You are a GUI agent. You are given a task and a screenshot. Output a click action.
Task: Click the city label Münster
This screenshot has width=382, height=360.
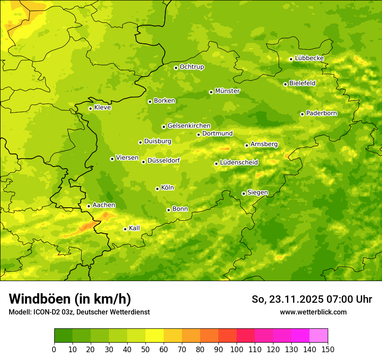coord(227,91)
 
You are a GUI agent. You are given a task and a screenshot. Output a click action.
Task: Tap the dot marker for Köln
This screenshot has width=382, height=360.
coord(157,189)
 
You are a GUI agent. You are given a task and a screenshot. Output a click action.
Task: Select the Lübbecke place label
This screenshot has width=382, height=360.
coord(309,58)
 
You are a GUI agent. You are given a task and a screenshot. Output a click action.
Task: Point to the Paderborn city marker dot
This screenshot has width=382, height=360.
coord(302,114)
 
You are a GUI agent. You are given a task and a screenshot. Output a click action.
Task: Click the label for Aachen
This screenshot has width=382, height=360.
coord(104,205)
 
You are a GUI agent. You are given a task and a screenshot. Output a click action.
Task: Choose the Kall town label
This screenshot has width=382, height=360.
coord(134,228)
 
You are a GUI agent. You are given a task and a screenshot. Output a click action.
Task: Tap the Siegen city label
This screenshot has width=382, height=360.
coord(257,193)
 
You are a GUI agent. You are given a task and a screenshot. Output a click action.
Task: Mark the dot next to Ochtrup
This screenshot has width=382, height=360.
coord(176,68)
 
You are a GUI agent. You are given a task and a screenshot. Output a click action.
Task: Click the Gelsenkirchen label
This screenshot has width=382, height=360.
coord(189,126)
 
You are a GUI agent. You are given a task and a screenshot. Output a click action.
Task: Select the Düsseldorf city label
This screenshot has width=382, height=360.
coord(163,161)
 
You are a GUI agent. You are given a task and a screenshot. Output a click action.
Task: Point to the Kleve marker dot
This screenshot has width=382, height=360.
coord(90,108)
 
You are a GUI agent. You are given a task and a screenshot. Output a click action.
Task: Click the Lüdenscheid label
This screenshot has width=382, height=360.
coord(239,163)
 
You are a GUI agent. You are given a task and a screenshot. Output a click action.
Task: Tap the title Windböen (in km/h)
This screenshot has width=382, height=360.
coord(69,299)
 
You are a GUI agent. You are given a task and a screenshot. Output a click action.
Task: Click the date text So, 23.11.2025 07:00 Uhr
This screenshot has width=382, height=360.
coord(312,299)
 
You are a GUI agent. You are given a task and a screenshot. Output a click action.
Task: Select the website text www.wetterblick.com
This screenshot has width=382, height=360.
coord(313,312)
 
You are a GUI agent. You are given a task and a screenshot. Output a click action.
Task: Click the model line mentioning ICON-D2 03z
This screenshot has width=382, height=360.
coord(79,312)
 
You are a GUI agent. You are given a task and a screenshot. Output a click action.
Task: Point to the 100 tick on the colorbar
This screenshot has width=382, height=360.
coord(237,349)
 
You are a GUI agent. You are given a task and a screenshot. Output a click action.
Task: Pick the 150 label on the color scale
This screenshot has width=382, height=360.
coord(328,349)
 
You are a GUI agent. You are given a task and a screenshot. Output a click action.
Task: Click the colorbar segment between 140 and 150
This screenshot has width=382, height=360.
coord(319,336)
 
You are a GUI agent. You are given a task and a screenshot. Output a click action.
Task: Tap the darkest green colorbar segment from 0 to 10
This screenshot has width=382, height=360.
coord(63,336)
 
